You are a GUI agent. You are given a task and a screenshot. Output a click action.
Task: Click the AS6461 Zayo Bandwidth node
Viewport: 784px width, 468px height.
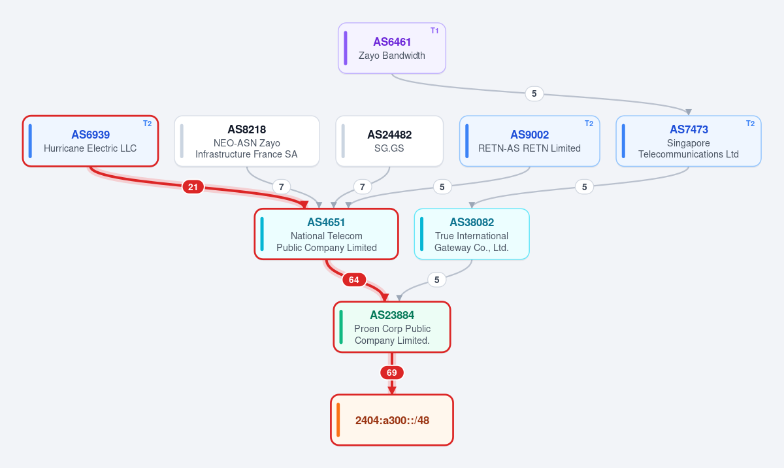point(391,48)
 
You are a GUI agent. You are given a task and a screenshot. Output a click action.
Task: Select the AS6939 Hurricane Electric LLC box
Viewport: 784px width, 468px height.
point(90,141)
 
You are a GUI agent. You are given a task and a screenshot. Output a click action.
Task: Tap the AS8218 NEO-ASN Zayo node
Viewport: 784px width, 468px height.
point(247,141)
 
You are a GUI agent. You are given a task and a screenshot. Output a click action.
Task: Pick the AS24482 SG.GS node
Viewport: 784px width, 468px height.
point(389,141)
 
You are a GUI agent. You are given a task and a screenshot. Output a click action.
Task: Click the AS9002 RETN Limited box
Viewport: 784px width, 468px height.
point(530,141)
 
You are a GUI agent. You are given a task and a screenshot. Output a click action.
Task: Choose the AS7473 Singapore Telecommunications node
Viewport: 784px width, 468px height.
point(689,141)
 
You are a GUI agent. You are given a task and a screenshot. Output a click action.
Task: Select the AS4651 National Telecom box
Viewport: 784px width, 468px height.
point(326,234)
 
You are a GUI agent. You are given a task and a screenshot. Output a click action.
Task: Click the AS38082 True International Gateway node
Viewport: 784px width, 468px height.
point(472,234)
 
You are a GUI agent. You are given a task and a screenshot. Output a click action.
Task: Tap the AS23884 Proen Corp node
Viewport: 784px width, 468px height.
point(391,327)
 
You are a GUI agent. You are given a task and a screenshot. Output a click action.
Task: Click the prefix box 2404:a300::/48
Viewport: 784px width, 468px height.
point(391,420)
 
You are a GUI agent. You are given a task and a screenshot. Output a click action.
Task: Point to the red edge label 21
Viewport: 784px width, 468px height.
point(193,187)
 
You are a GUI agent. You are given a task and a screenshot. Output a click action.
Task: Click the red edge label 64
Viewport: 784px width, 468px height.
point(354,280)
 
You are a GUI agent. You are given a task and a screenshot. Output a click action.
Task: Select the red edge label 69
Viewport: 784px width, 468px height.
point(391,373)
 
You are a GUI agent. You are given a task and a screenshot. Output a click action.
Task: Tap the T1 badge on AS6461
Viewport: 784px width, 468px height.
point(434,31)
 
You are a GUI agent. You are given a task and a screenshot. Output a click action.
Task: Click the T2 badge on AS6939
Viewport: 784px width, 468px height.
point(148,124)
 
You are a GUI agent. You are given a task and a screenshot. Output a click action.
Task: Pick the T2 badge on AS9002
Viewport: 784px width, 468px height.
point(589,124)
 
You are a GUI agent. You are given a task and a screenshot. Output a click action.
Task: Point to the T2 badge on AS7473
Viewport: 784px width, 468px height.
point(750,124)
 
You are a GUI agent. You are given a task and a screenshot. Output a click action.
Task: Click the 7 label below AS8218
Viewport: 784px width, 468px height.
point(282,187)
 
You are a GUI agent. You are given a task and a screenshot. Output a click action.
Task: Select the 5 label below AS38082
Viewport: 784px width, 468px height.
point(437,280)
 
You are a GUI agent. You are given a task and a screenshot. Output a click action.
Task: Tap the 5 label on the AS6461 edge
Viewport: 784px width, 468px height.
point(534,94)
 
